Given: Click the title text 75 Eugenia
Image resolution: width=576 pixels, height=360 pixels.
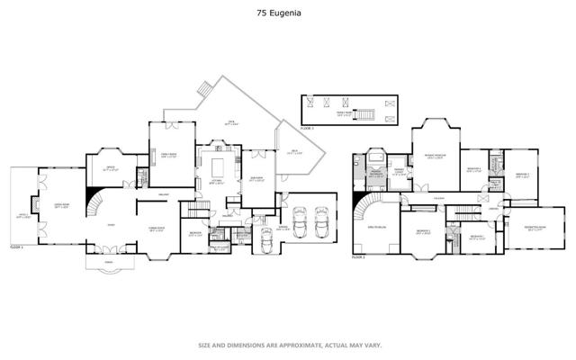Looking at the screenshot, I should tap(287, 14).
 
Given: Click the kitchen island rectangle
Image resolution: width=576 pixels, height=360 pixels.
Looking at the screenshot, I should tap(216, 166).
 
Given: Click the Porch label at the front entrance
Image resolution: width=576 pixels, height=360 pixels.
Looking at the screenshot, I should tap(108, 264).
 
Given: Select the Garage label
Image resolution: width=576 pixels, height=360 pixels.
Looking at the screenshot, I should tap(283, 228).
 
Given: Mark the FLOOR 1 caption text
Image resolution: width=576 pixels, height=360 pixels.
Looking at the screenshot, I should tap(16, 246).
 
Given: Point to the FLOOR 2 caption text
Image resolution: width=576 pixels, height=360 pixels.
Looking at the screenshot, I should tap(359, 257).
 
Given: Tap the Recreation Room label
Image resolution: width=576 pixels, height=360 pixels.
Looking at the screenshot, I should tap(526, 229).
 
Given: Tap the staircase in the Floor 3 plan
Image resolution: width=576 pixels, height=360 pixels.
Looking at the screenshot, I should tap(364, 113).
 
